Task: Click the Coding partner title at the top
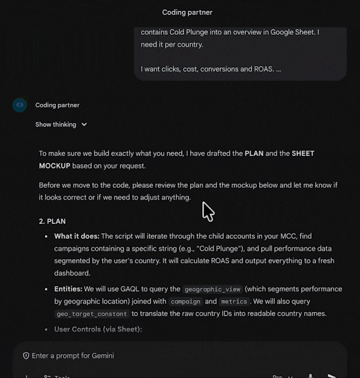point(187,13)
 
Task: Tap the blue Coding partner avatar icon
point(20,105)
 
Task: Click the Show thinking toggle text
point(56,125)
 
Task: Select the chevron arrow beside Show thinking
point(84,125)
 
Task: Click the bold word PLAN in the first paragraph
point(254,154)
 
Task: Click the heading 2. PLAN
point(53,221)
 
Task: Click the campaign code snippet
point(185,301)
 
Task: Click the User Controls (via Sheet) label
point(98,329)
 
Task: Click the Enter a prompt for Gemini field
point(73,356)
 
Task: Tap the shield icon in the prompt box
point(26,356)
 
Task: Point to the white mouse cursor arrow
point(207,211)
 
